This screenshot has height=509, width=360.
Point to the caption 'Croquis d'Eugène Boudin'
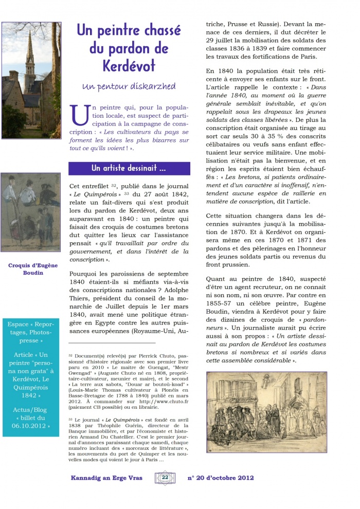pos(32,269)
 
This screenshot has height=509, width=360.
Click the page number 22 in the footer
pos(165,478)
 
